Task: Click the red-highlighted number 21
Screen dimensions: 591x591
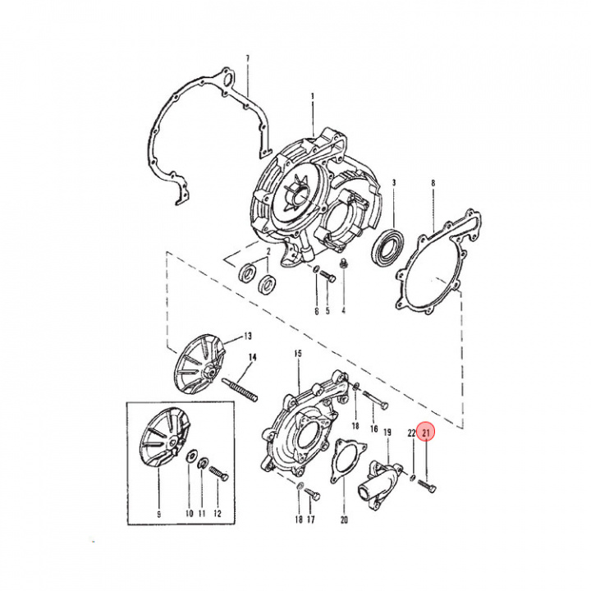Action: click(426, 433)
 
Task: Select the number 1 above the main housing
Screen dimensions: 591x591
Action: click(313, 97)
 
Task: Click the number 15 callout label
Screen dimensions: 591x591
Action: click(297, 354)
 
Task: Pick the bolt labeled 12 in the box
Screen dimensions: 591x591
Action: click(218, 475)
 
